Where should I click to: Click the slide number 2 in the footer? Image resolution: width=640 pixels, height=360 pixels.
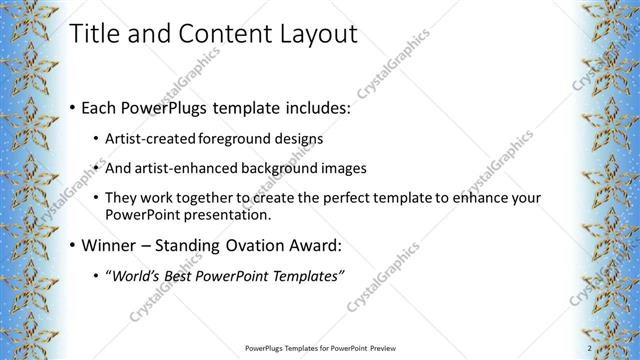(590, 348)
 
